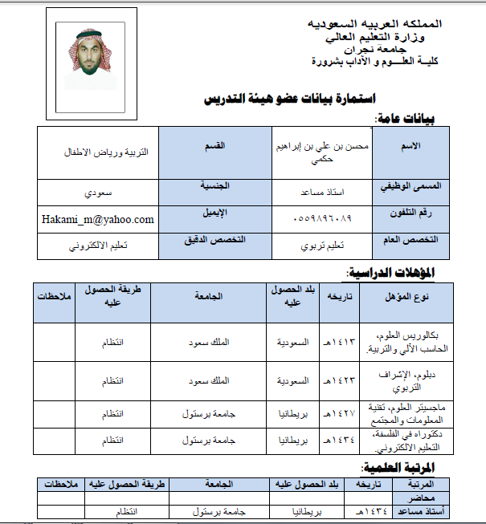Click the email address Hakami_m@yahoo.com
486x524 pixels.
pos(97,219)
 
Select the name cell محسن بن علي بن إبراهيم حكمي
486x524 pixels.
pos(324,152)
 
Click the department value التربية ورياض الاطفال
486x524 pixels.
pos(100,150)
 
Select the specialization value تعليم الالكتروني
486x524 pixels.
pos(97,246)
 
